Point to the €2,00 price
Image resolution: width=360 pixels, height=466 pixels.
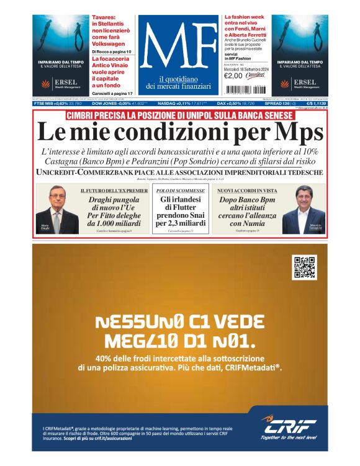(x=233, y=77)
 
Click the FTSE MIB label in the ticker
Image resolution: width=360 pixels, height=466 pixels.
(x=44, y=104)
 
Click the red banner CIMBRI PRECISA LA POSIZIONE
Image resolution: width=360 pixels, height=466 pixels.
(x=179, y=115)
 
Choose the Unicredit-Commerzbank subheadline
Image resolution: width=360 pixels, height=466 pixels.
(x=179, y=172)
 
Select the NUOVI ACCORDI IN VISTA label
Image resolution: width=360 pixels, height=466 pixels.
(x=247, y=191)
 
